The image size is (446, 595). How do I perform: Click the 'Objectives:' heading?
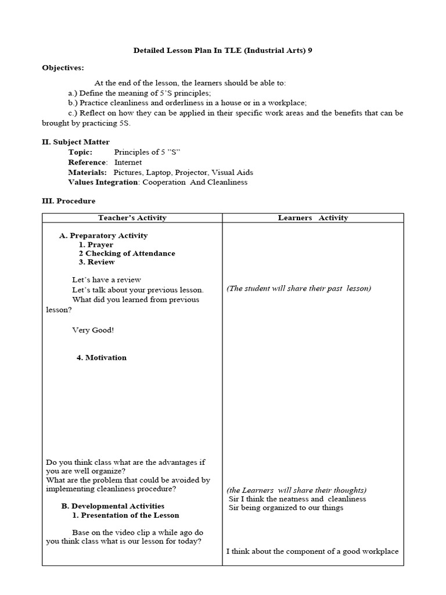63,67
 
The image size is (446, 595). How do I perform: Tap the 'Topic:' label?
80,152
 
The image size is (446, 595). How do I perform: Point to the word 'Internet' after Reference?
128,162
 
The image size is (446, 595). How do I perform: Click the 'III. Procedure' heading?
69,201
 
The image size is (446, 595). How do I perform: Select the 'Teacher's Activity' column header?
132,218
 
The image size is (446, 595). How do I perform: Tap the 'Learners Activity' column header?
312,218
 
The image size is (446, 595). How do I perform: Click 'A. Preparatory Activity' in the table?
103,235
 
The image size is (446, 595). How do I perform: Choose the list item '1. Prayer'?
96,245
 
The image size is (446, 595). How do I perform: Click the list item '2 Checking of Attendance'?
127,253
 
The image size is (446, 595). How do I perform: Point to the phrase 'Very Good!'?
93,330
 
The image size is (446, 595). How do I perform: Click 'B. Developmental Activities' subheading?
113,506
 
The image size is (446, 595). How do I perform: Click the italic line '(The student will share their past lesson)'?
298,288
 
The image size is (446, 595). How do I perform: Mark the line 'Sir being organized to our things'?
286,507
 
